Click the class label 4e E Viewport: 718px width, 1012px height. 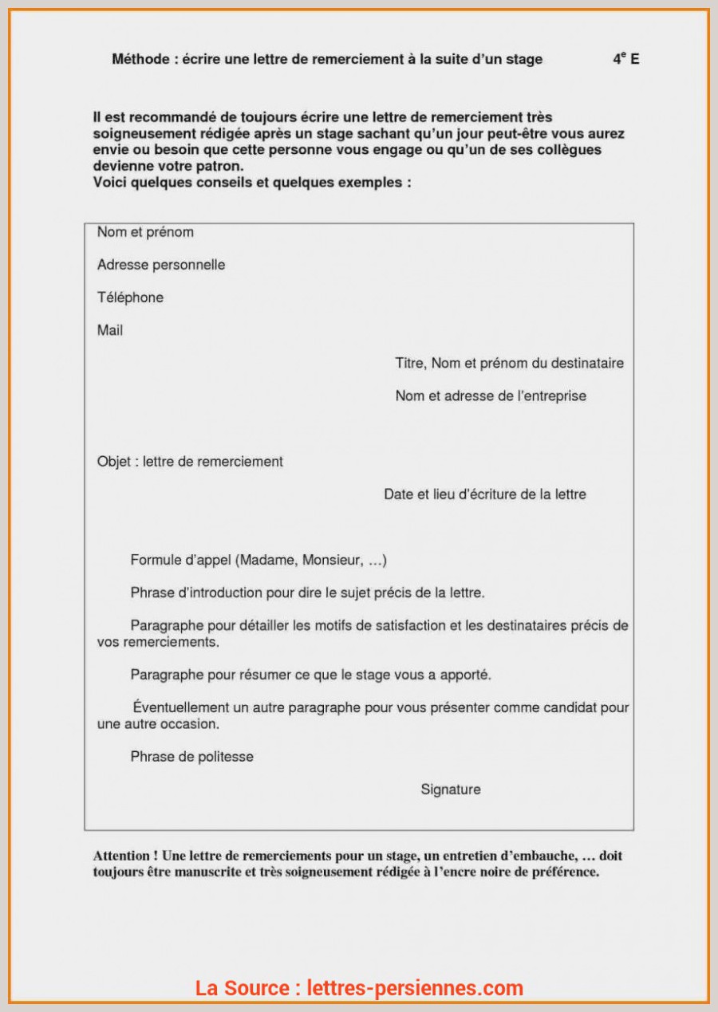(x=625, y=59)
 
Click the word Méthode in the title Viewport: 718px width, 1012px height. (x=140, y=59)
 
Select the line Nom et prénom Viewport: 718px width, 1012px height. (x=145, y=232)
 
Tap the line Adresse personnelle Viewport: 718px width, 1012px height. (x=161, y=265)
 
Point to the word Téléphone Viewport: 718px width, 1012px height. (x=130, y=297)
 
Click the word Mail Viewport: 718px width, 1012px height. (x=110, y=330)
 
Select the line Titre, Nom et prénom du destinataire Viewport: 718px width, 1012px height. (x=509, y=364)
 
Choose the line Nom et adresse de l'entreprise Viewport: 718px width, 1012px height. (x=491, y=396)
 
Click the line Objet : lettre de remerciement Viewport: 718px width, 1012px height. (x=190, y=462)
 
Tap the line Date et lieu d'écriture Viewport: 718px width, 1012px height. (x=485, y=494)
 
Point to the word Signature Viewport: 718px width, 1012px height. (x=451, y=790)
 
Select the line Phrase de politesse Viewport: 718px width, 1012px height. (x=191, y=757)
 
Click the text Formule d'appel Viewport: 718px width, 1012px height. (x=181, y=561)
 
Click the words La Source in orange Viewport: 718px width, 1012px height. (x=243, y=988)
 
